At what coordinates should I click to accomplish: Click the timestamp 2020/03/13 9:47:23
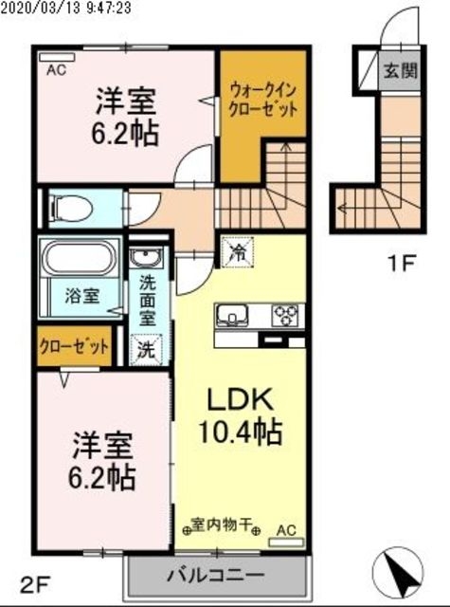[80, 7]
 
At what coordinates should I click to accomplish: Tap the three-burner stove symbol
[286, 315]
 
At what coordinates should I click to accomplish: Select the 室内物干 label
[221, 524]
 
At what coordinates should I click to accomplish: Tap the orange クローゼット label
[74, 346]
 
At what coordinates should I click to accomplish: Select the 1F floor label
[402, 263]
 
